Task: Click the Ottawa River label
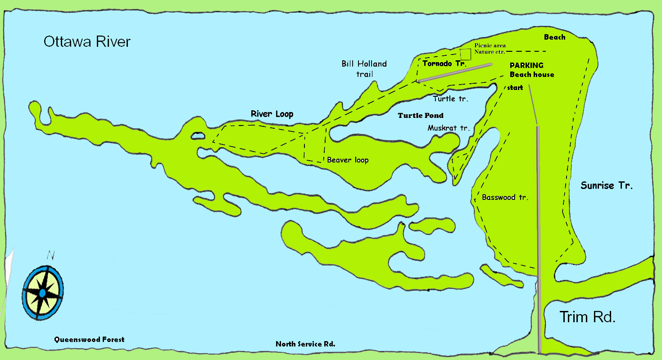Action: click(x=87, y=42)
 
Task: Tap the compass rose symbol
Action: click(x=42, y=293)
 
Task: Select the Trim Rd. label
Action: click(x=587, y=317)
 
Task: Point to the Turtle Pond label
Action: click(x=420, y=116)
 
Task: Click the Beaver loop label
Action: click(x=348, y=160)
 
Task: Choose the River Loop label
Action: click(x=272, y=114)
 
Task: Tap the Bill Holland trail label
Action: click(x=364, y=69)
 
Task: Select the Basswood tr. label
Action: click(x=505, y=197)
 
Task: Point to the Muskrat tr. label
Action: click(x=448, y=128)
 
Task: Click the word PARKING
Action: click(x=526, y=65)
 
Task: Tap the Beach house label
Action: click(x=531, y=74)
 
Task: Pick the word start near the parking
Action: click(x=515, y=88)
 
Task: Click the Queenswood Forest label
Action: click(x=89, y=339)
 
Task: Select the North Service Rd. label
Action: click(x=305, y=344)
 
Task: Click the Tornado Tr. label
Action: click(x=444, y=63)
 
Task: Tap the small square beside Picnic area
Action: click(x=465, y=54)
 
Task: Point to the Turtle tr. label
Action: click(x=451, y=99)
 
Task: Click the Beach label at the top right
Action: click(x=554, y=37)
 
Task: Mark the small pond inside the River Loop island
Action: click(x=198, y=135)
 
